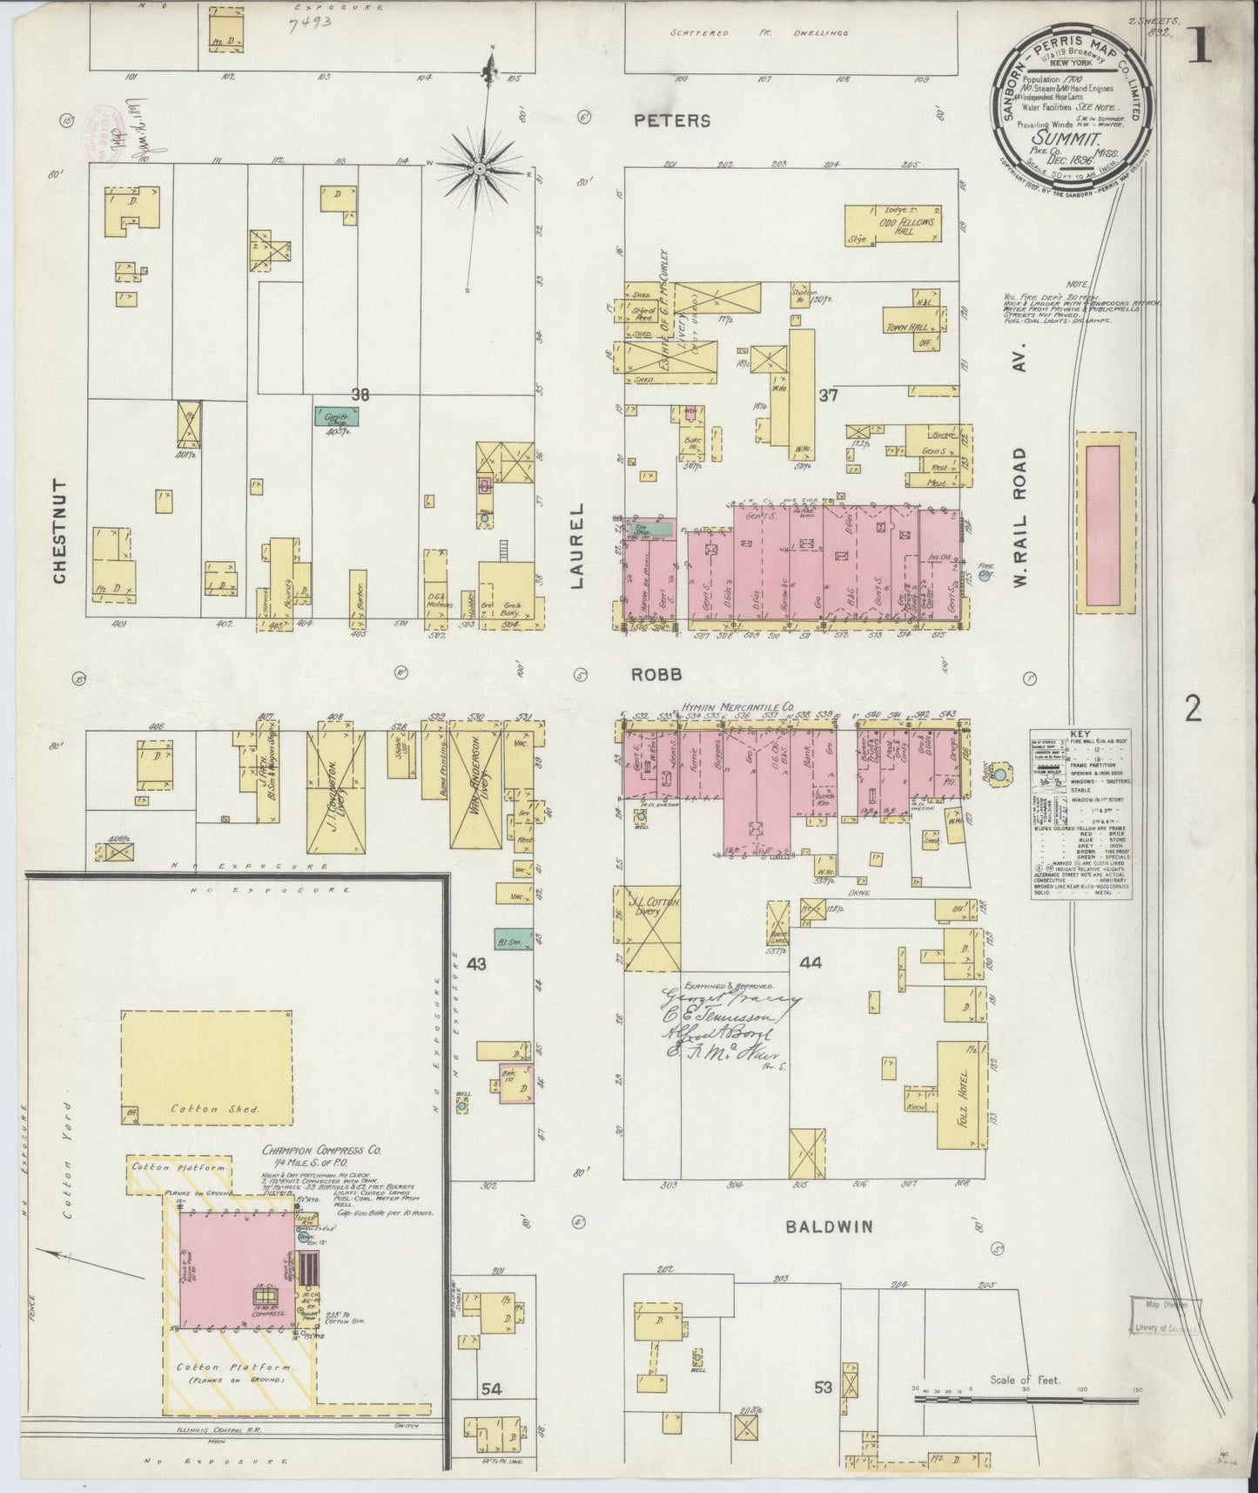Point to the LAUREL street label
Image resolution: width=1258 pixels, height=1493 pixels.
pyautogui.click(x=579, y=546)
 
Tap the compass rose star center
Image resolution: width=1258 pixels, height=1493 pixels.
pyautogui.click(x=480, y=168)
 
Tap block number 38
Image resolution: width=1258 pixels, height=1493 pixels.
pyautogui.click(x=360, y=395)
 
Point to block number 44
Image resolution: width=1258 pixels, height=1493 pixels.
pyautogui.click(x=810, y=963)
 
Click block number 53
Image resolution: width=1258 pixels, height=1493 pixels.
pyautogui.click(x=823, y=1387)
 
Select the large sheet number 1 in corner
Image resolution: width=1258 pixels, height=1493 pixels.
pyautogui.click(x=1201, y=48)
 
